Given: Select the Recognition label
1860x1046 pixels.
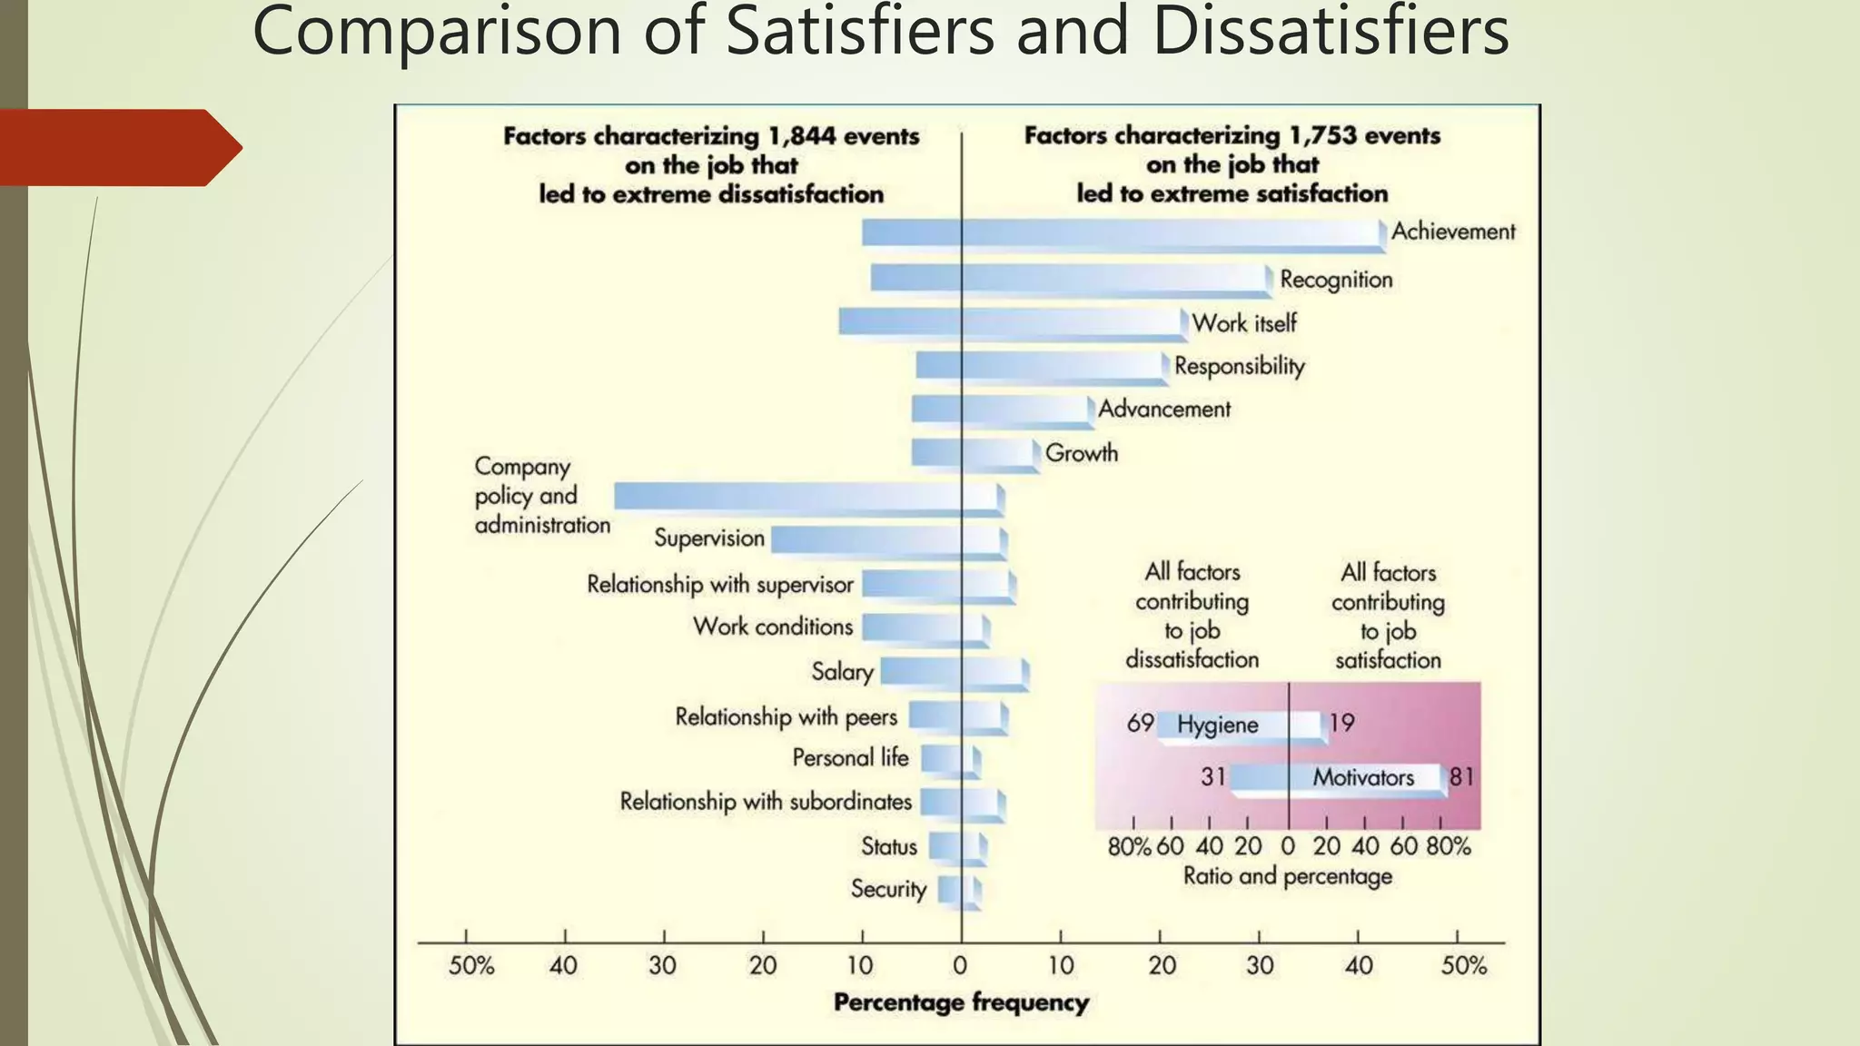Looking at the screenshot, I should pyautogui.click(x=1336, y=280).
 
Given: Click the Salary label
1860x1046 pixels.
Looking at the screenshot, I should pyautogui.click(x=842, y=672).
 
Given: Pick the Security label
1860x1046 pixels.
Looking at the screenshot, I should pyautogui.click(x=888, y=889).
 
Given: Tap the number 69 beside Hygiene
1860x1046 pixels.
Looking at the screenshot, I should pyautogui.click(x=1140, y=724).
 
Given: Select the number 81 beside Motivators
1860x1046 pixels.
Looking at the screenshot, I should pyautogui.click(x=1461, y=777).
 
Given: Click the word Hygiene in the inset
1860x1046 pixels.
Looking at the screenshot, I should pyautogui.click(x=1217, y=725).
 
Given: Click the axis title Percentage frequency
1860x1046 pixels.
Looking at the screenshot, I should pyautogui.click(x=961, y=1002).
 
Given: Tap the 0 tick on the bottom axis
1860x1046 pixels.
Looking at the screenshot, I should pyautogui.click(x=961, y=965).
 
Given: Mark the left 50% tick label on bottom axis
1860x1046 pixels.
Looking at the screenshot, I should pyautogui.click(x=470, y=965).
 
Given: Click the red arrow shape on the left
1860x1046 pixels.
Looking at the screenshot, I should pyautogui.click(x=118, y=148).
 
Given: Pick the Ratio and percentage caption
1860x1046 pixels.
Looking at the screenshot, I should pyautogui.click(x=1287, y=876).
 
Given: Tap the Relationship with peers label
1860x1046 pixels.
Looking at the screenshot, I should pyautogui.click(x=786, y=717).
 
